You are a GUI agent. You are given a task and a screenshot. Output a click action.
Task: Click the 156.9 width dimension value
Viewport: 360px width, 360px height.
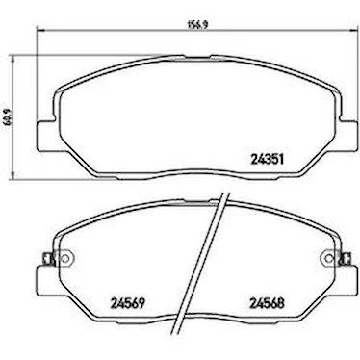(x=196, y=26)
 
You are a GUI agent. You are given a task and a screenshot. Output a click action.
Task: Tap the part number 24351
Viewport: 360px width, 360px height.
(x=268, y=160)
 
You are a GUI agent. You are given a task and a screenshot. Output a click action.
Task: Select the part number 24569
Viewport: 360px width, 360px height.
(x=128, y=302)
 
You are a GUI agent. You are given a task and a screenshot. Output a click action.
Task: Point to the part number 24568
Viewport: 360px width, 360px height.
(x=268, y=302)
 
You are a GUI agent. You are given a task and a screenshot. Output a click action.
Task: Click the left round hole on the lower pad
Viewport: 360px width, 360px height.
(x=67, y=258)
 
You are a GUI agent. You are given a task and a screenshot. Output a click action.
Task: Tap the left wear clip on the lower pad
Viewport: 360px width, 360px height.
(x=49, y=259)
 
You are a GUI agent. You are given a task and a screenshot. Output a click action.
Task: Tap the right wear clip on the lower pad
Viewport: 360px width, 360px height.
(x=346, y=259)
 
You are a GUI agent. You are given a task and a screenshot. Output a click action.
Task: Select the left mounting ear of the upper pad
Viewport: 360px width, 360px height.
(x=45, y=136)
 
